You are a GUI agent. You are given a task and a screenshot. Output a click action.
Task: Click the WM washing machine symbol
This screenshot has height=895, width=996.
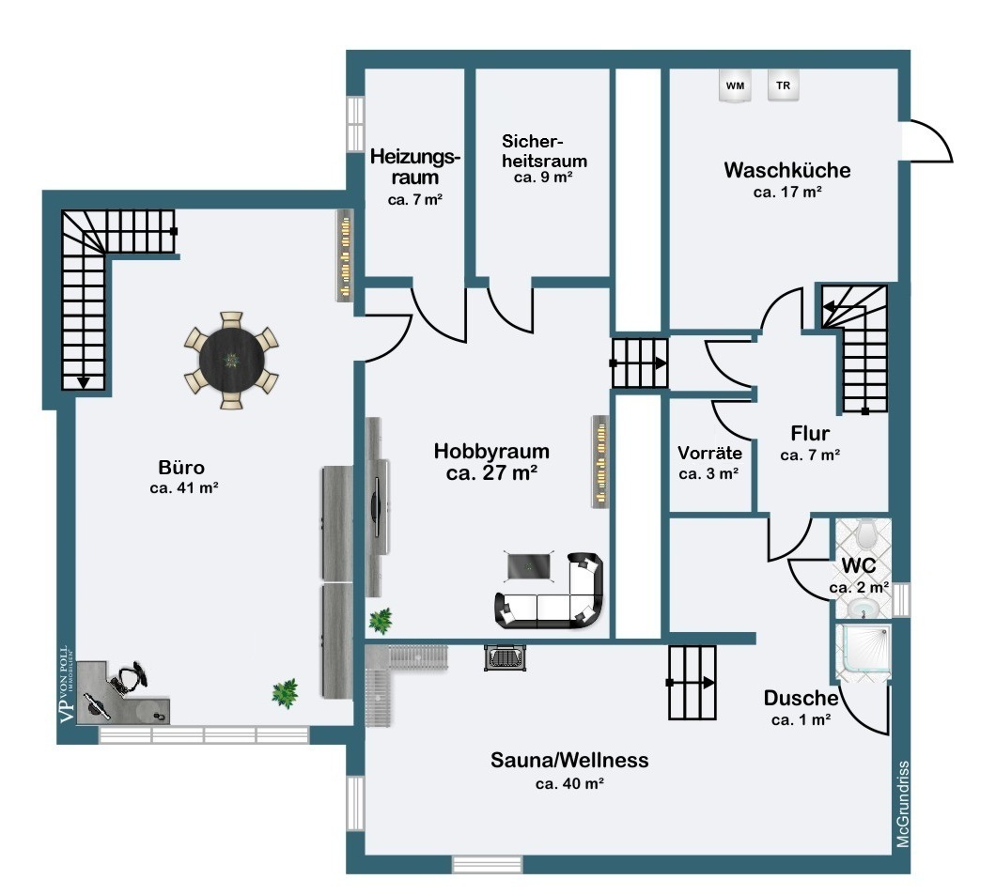click(735, 85)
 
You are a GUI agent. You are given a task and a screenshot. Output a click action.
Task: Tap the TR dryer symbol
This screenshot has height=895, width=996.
click(784, 85)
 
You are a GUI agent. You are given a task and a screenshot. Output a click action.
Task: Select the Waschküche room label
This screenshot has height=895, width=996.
click(787, 170)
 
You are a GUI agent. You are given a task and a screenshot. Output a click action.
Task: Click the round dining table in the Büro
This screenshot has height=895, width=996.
click(231, 360)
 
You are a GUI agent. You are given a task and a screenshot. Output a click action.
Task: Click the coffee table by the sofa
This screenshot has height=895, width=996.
click(529, 565)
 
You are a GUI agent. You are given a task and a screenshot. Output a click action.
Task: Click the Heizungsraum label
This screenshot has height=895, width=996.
click(414, 166)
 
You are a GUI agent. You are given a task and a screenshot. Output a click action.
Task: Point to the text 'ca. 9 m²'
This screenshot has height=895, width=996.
click(544, 177)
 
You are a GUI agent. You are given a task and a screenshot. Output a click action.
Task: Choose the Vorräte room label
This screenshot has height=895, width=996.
click(709, 453)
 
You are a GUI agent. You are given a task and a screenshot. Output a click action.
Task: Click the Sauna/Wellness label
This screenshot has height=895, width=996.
click(569, 760)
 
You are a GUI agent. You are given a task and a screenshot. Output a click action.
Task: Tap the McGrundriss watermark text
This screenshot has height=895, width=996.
click(903, 804)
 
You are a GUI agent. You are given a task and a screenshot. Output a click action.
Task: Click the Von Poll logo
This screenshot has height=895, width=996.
click(67, 685)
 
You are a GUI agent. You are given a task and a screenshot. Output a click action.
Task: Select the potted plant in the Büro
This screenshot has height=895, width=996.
click(286, 693)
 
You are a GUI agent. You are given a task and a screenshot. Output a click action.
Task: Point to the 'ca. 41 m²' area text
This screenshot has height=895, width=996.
click(184, 488)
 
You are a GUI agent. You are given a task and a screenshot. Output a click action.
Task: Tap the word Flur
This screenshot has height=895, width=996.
click(810, 434)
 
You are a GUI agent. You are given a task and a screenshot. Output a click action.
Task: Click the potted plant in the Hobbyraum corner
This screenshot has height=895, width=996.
click(380, 620)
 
